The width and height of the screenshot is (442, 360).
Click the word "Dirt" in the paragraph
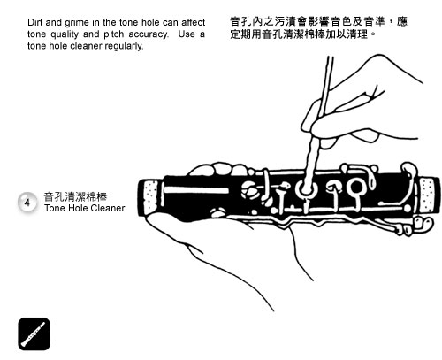click(x=35, y=22)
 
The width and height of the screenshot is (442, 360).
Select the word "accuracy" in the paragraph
click(x=149, y=34)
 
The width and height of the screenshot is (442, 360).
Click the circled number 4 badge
click(x=27, y=203)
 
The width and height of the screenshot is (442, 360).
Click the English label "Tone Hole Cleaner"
click(x=85, y=208)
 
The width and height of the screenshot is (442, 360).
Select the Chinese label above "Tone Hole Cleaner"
click(x=75, y=196)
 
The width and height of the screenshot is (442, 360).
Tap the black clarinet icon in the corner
click(x=34, y=333)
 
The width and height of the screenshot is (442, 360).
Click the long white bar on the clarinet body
click(x=196, y=190)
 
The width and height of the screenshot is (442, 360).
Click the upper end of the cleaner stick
click(x=330, y=57)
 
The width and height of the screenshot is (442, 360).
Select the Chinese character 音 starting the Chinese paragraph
click(x=235, y=21)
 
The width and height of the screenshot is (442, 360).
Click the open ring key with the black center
click(x=356, y=187)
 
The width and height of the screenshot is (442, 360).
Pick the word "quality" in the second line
click(x=65, y=34)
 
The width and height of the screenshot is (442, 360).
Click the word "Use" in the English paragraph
click(x=186, y=34)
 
